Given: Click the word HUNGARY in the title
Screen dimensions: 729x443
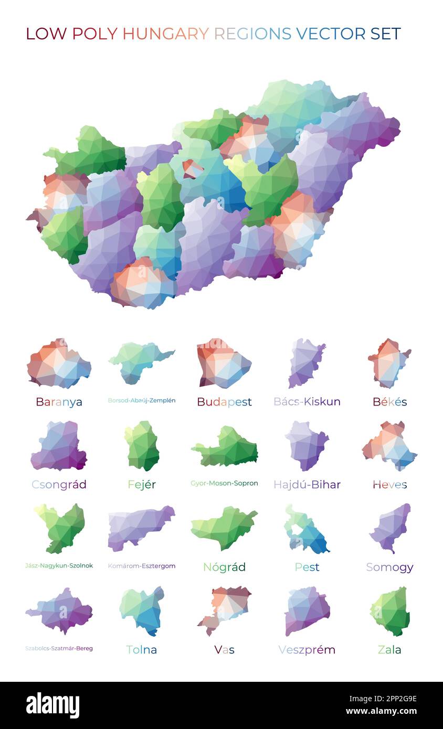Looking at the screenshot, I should tap(165, 34).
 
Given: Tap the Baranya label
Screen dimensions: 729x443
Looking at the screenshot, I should tap(59, 402).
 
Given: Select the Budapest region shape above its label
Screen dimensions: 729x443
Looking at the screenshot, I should tap(223, 363).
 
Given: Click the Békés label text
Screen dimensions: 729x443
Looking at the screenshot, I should tap(389, 402).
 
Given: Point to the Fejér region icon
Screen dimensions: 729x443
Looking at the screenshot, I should tap(142, 446).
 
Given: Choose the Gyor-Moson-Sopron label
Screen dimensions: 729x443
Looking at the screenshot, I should tap(224, 484).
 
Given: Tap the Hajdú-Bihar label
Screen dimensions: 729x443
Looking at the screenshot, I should tap(307, 485).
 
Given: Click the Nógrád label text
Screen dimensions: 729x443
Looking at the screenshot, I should tap(224, 567).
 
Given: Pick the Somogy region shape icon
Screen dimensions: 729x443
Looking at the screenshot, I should tap(391, 527).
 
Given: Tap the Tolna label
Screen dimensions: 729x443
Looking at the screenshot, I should tap(142, 650).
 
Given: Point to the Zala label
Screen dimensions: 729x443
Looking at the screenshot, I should tap(389, 650).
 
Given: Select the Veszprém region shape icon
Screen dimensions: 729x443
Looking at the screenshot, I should tap(307, 610).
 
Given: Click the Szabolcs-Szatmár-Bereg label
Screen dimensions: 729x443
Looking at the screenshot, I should tap(59, 649).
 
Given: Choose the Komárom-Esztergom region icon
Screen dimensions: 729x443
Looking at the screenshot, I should tap(140, 527).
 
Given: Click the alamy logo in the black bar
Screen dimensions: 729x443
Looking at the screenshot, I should tap(52, 705).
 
